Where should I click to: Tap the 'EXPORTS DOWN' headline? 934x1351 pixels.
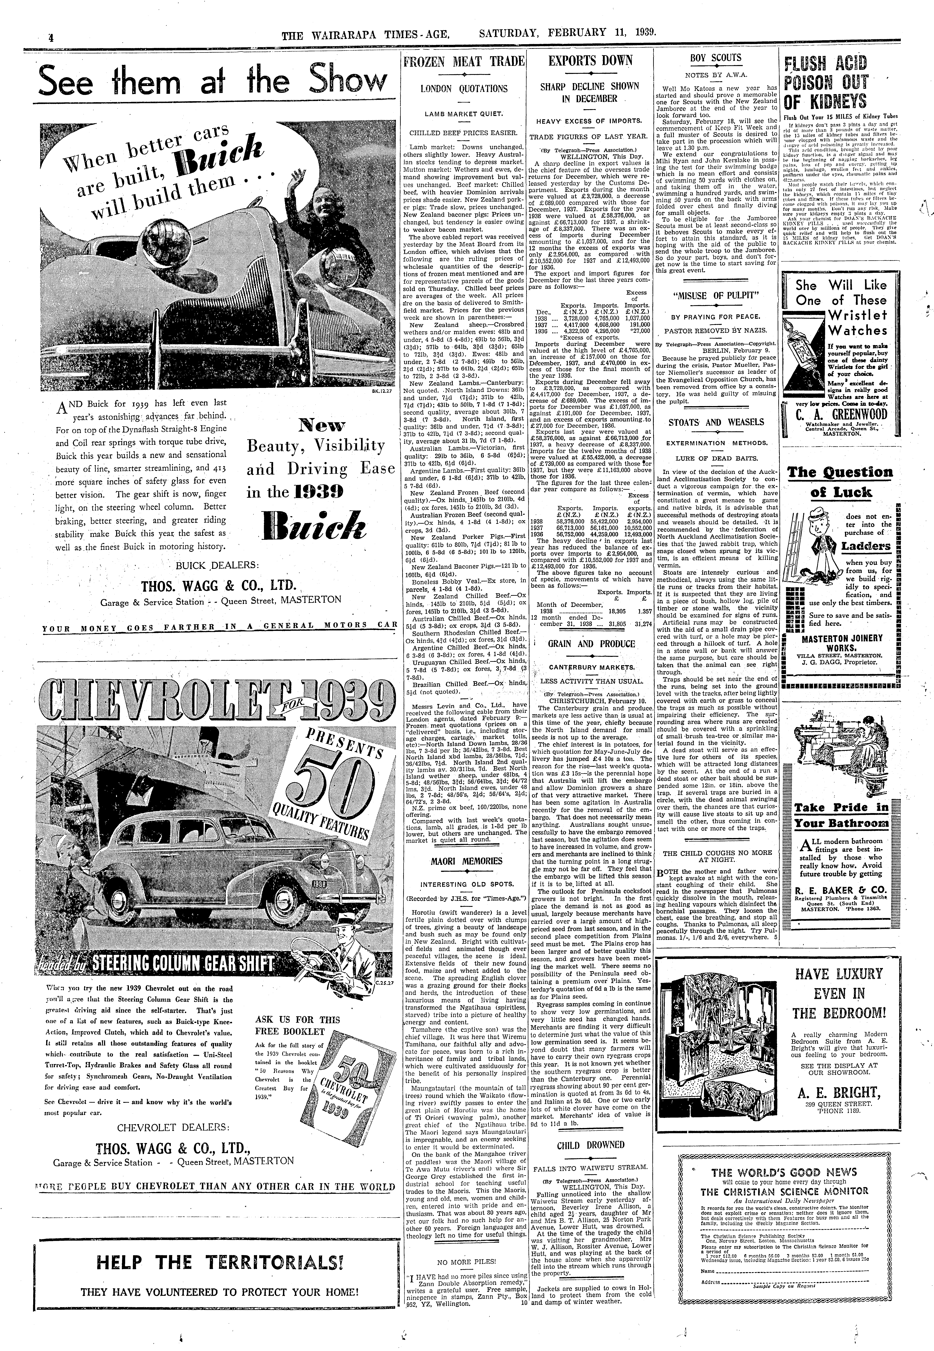point(591,61)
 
